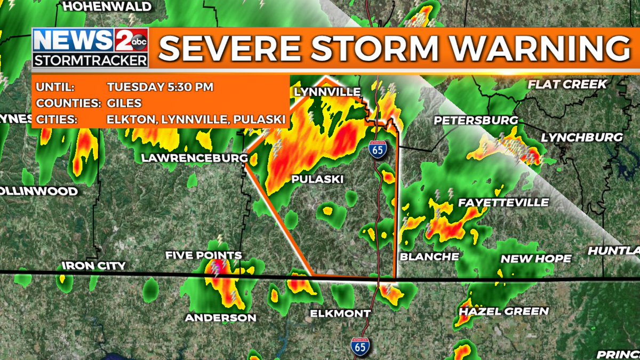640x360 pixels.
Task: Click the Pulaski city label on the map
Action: pos(317,179)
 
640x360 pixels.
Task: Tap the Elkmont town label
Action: pos(340,313)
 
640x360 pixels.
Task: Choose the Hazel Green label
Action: pos(503,311)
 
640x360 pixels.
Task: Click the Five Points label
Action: pos(203,255)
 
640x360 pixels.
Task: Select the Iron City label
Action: pos(94,265)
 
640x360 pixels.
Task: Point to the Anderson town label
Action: pos(220,317)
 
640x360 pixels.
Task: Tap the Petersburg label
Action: pos(476,120)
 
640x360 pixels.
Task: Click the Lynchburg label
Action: pos(582,137)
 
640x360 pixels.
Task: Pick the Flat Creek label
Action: pos(567,84)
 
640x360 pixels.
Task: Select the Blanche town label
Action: pos(429,257)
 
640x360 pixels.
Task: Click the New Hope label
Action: pos(535,259)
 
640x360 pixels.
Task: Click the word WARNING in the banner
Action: pos(540,49)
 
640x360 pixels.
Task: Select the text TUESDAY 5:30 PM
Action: pos(160,87)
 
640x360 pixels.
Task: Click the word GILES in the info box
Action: pos(124,103)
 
